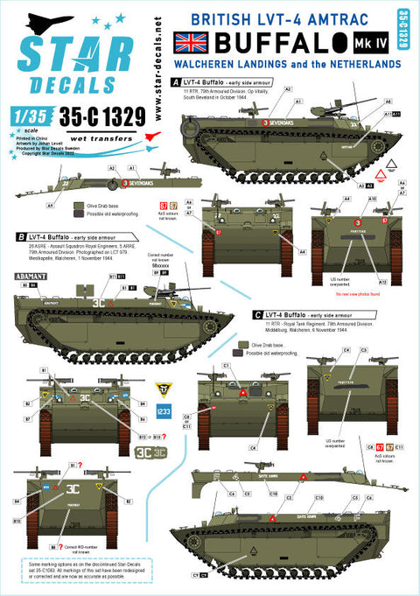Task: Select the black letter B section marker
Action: click(x=20, y=235)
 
